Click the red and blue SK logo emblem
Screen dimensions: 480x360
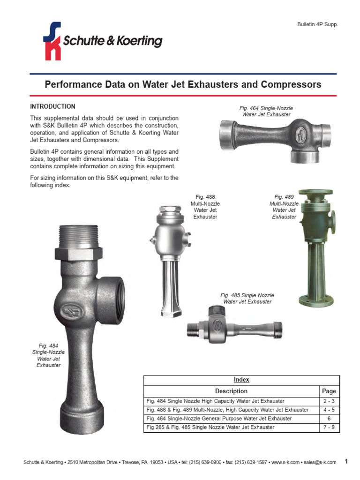(52, 41)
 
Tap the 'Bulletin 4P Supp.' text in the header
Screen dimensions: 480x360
(317, 24)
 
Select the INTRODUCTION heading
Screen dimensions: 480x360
(52, 106)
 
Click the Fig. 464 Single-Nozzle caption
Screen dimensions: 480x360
(266, 111)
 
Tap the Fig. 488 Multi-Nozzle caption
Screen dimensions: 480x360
(205, 207)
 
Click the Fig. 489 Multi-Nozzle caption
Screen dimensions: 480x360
(284, 207)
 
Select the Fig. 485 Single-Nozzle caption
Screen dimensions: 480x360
(247, 299)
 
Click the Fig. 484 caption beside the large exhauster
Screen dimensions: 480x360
(48, 355)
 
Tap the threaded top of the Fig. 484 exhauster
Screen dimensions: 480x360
(79, 237)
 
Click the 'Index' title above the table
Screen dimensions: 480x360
(241, 380)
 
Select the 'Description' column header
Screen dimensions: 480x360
(231, 391)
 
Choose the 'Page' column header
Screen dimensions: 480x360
(329, 391)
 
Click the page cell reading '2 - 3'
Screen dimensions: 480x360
(329, 401)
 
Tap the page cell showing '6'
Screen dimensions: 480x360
(329, 418)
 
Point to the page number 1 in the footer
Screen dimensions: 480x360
(346, 462)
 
